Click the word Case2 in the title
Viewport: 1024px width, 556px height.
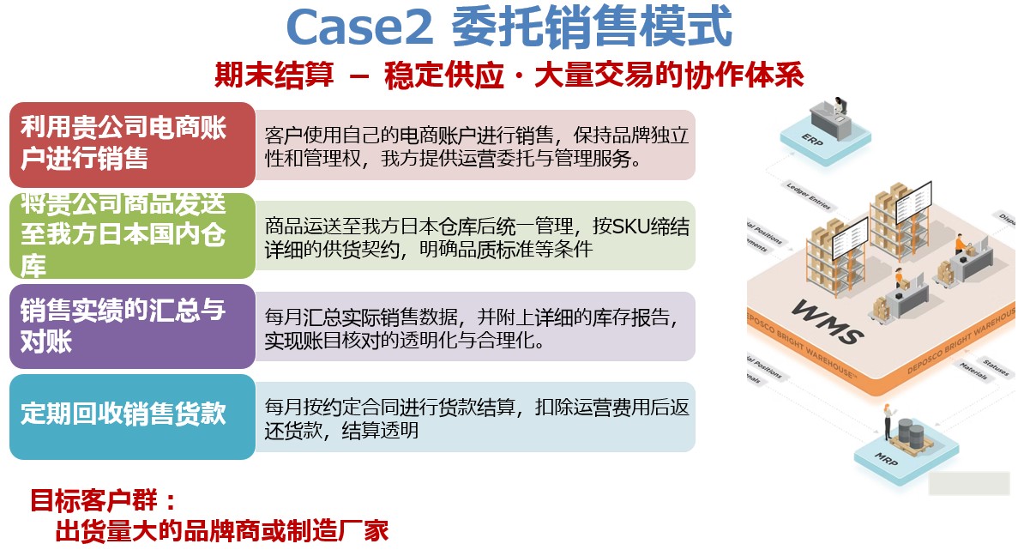(x=360, y=27)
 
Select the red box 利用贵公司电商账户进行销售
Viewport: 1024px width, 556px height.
(x=132, y=144)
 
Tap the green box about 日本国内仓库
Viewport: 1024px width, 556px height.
(x=132, y=235)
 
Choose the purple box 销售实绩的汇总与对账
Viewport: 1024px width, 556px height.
(x=132, y=326)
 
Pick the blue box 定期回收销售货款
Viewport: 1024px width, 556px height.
(x=132, y=416)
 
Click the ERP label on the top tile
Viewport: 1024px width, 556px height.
(x=811, y=136)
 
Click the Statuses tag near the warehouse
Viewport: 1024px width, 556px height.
(x=996, y=366)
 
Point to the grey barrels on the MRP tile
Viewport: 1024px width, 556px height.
(x=910, y=431)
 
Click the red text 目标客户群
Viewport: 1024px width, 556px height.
(x=105, y=500)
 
